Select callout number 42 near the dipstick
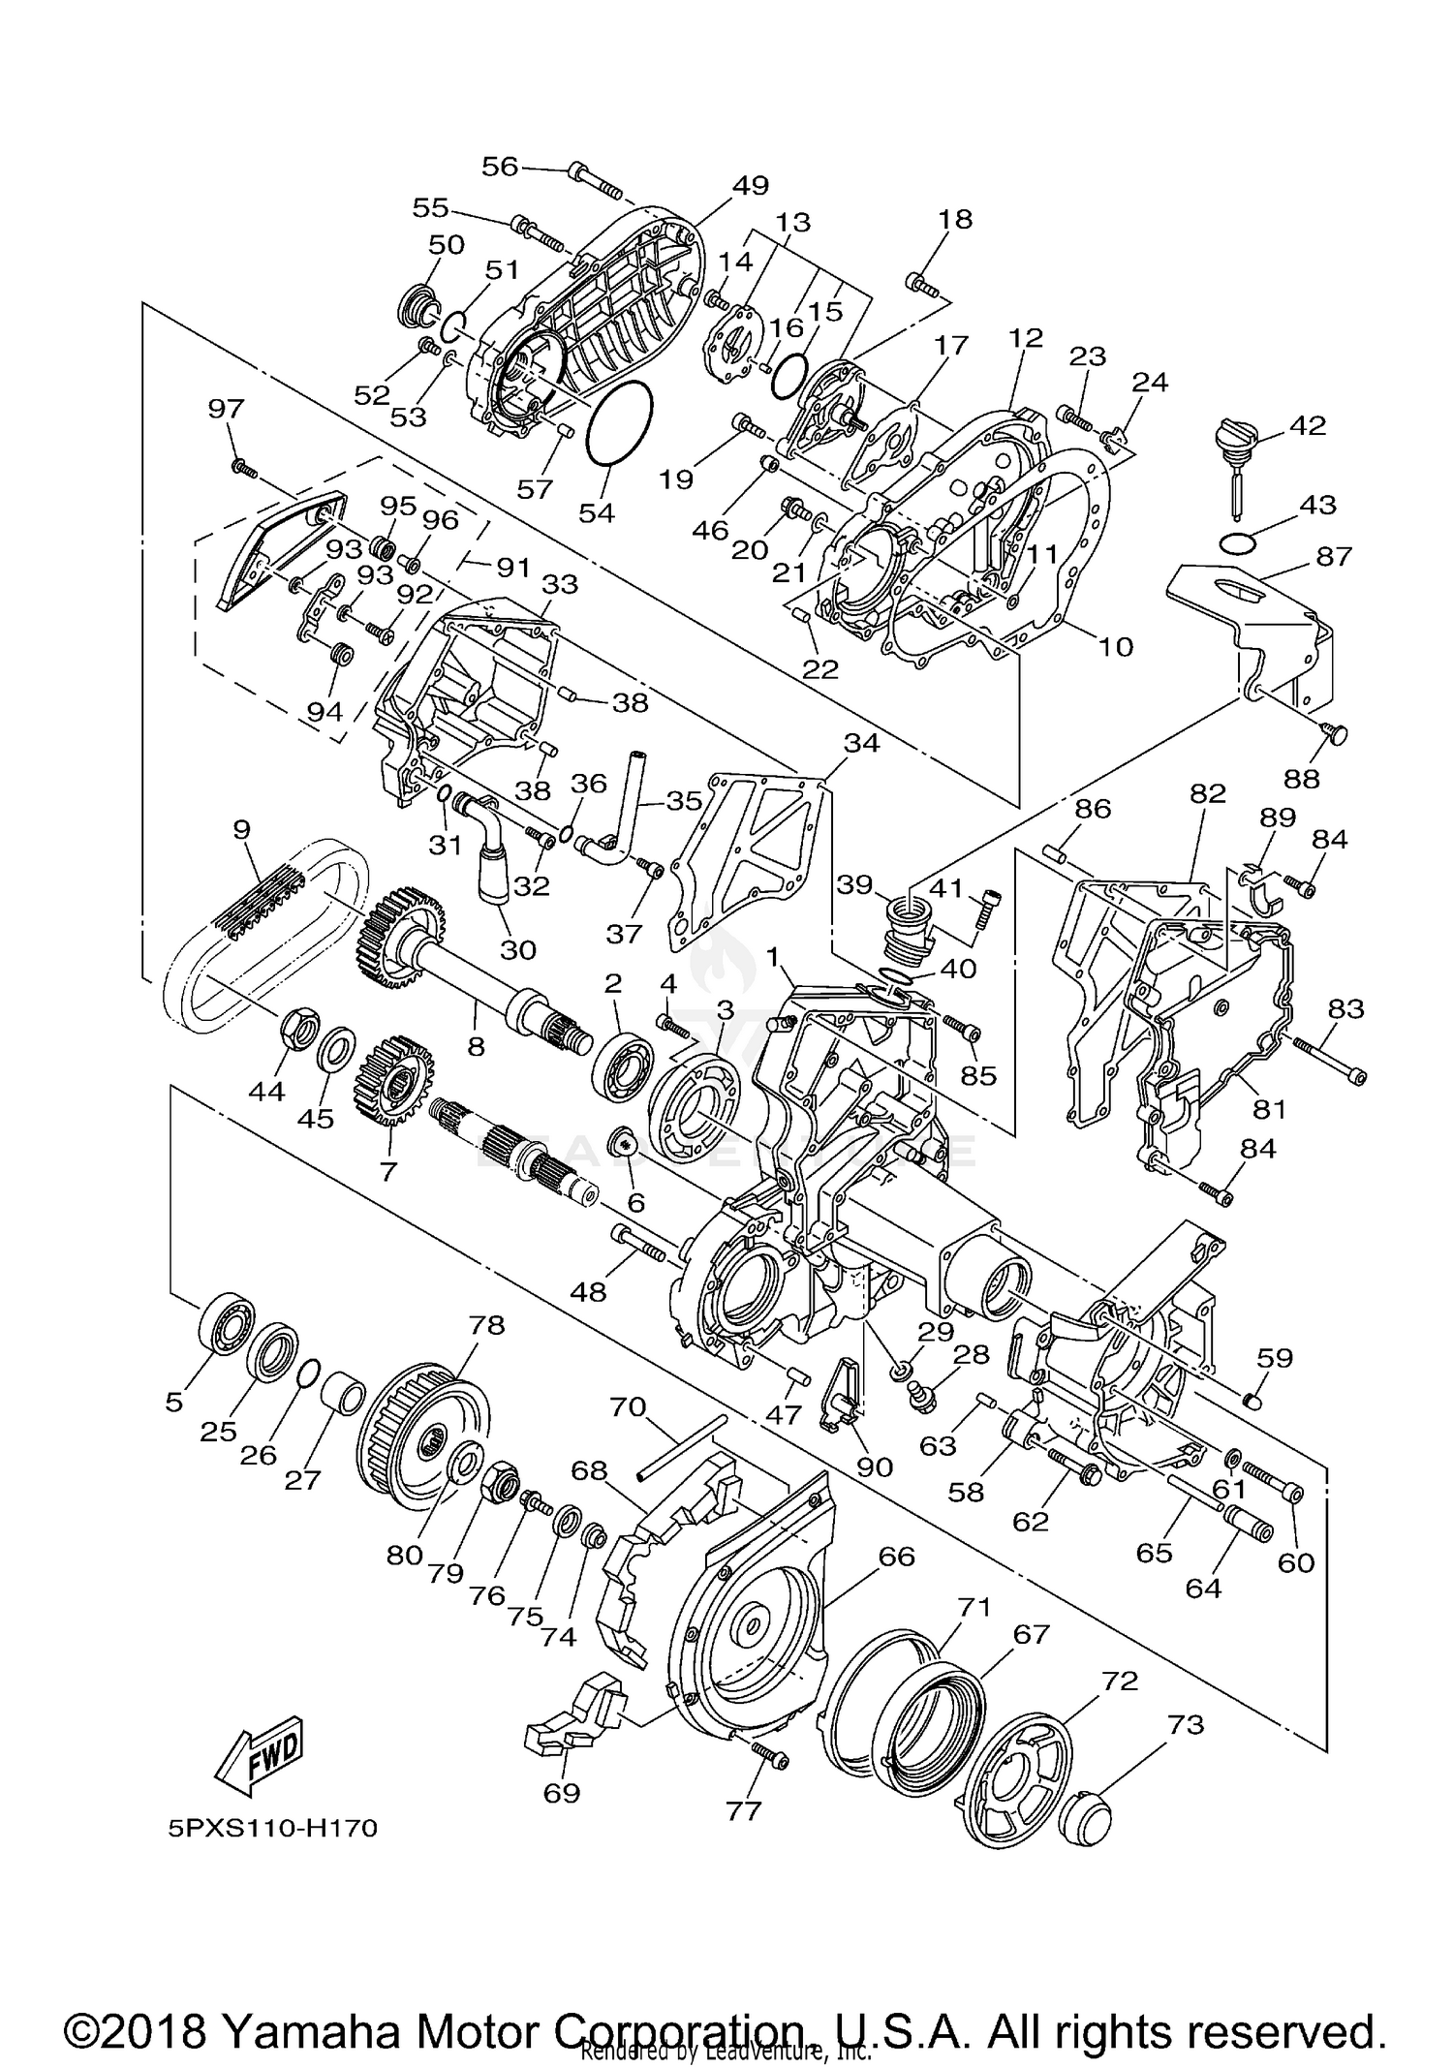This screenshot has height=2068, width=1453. pyautogui.click(x=1308, y=425)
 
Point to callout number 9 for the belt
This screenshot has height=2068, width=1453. pyautogui.click(x=241, y=829)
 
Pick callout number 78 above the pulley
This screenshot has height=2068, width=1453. pyautogui.click(x=487, y=1325)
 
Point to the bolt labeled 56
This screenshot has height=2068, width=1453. pyautogui.click(x=601, y=179)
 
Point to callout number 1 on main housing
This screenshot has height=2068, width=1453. pyautogui.click(x=773, y=955)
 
